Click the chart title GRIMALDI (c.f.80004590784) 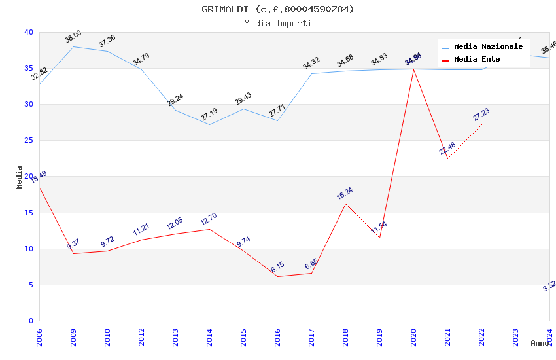click(278, 9)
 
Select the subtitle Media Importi click(278, 24)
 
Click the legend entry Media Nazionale click(488, 47)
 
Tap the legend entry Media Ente click(477, 60)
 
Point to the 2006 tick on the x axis click(39, 338)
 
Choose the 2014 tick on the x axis click(209, 338)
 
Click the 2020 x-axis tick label click(413, 338)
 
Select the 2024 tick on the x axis click(549, 338)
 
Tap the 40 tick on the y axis click(28, 32)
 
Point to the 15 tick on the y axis click(28, 213)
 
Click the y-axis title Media click(20, 177)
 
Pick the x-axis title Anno click(540, 343)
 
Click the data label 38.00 click(73, 37)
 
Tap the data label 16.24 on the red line click(345, 193)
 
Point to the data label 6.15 click(277, 267)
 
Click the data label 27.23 click(481, 115)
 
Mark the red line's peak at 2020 click(413, 69)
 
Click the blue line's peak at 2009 click(73, 46)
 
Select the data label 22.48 click(447, 149)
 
